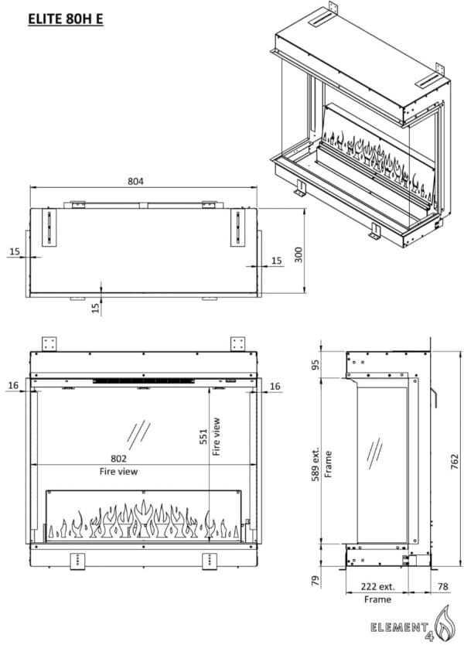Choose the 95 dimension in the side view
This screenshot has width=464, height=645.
pos(316,363)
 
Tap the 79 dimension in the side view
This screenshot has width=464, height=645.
pos(316,578)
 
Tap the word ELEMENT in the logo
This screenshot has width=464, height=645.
pos(403,625)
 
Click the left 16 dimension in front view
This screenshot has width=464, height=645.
pos(13,384)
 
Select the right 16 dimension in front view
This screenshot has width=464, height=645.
pos(275,384)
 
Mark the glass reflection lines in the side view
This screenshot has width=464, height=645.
pos(374,450)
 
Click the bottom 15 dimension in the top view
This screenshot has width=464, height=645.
pos(96,308)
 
